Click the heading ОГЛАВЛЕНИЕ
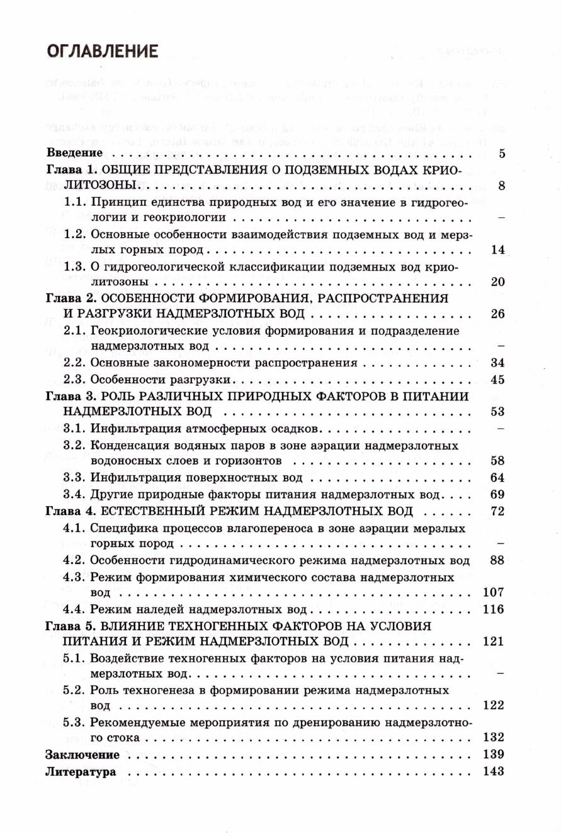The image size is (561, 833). [102, 50]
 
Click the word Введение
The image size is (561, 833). [74, 153]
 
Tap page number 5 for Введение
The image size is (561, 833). [501, 153]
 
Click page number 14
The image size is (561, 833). [497, 250]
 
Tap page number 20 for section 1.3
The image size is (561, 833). [497, 281]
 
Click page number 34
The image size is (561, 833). [497, 363]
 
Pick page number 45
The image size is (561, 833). [497, 380]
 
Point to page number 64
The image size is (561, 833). [497, 477]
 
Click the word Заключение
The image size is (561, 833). [82, 755]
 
